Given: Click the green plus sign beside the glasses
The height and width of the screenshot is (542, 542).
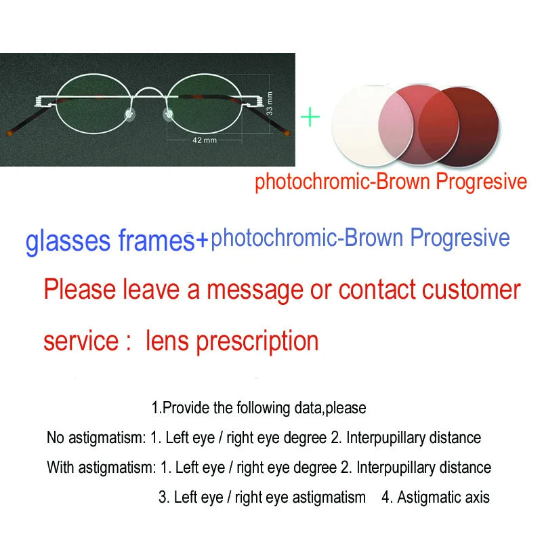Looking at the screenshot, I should coord(310,117).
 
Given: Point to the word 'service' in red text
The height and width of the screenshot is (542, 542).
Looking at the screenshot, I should coord(81,341).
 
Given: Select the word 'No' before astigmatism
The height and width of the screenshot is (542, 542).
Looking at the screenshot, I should coord(55,438).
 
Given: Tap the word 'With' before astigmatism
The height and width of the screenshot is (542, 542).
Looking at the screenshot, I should coord(60,467).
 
